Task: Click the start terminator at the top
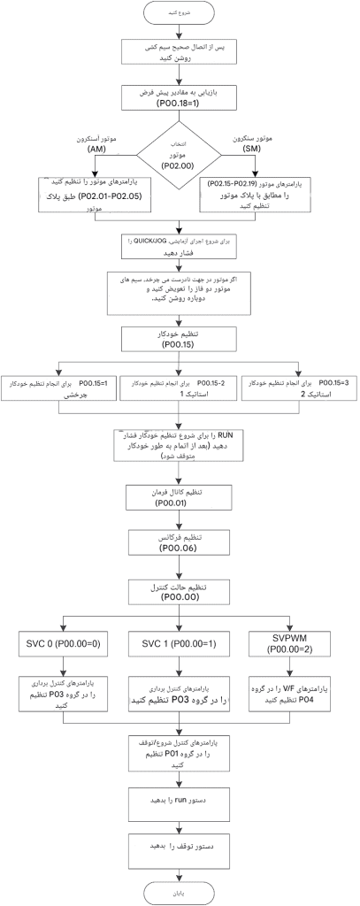[x=180, y=15]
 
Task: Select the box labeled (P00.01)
[x=180, y=497]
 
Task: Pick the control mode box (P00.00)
[x=180, y=590]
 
